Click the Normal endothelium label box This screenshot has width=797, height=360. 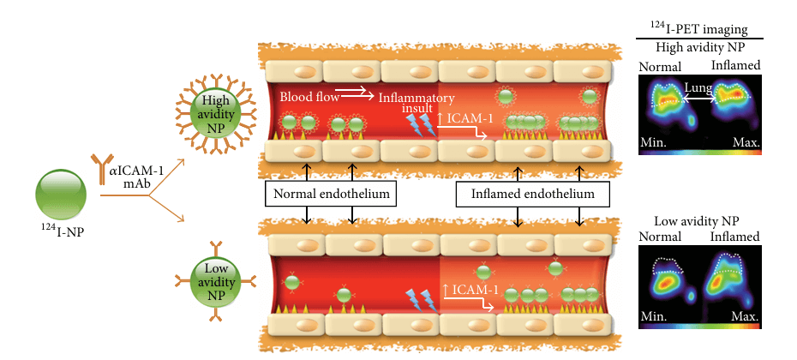point(331,195)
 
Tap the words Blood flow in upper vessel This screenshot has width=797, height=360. point(305,95)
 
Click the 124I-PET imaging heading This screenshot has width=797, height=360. point(699,33)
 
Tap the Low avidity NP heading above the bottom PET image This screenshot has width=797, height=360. point(699,220)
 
